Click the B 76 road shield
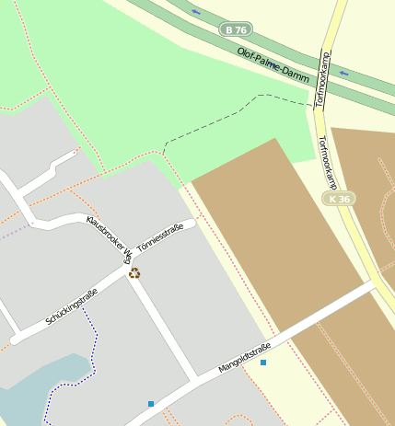[237, 29]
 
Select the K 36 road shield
[338, 199]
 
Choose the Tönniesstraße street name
[160, 237]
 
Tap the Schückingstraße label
[72, 307]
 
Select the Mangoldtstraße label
[244, 357]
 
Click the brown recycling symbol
[134, 272]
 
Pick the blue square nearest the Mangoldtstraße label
[263, 363]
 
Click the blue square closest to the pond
[151, 403]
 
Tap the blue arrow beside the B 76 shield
[195, 12]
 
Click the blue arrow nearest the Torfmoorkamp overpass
[343, 73]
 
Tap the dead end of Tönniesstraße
[191, 225]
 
